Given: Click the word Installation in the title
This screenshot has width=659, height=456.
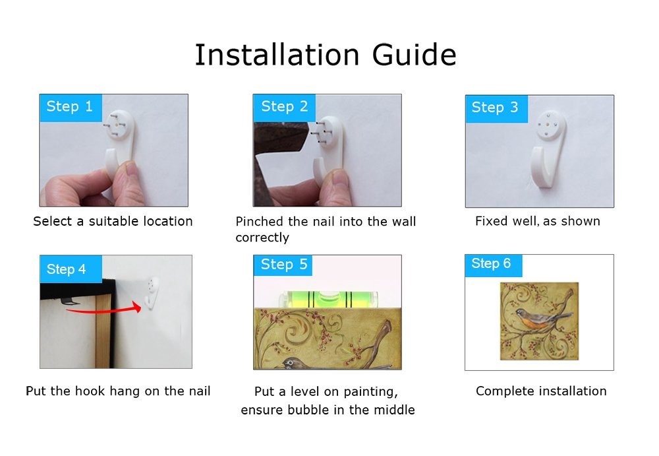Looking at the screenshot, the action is (x=277, y=55).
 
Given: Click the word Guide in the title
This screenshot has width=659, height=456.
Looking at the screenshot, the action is (x=414, y=55).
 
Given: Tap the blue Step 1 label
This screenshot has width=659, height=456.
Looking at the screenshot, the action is (x=71, y=108).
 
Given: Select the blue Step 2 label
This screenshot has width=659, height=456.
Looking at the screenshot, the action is (x=284, y=108).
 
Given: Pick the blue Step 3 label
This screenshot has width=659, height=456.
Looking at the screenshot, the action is (x=496, y=109).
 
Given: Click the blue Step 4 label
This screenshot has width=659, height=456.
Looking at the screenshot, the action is (x=71, y=269).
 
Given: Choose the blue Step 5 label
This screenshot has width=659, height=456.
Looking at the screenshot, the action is (x=283, y=265).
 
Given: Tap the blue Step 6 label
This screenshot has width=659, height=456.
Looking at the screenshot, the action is (x=494, y=265).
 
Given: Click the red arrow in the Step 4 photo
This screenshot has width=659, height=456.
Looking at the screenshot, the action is (x=103, y=311).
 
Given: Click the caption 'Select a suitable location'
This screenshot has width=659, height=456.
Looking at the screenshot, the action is (x=113, y=221).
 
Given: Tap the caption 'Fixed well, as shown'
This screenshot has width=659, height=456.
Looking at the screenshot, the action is (x=538, y=221).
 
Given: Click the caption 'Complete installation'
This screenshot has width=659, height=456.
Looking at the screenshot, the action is (x=541, y=391).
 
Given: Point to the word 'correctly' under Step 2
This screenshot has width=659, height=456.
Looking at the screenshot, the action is (x=262, y=238).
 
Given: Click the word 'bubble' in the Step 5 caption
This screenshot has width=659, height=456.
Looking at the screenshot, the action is (x=303, y=410).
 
